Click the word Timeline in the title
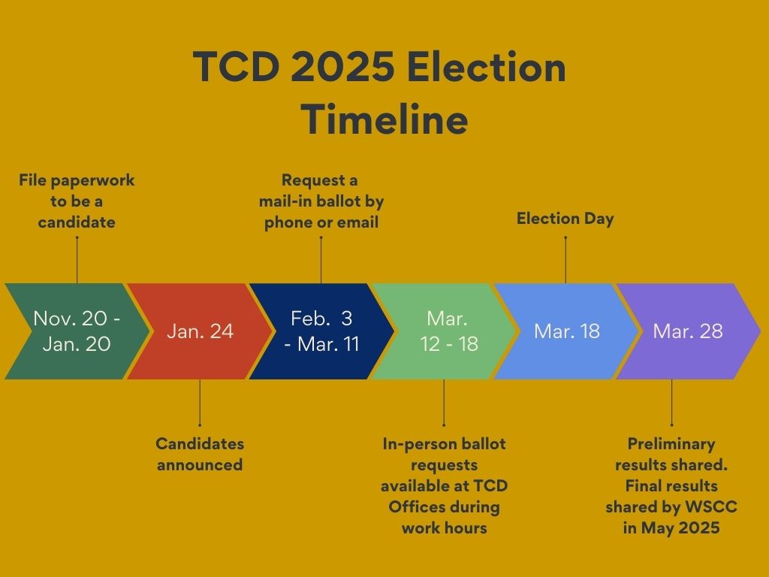click(x=384, y=119)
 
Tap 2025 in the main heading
click(x=342, y=67)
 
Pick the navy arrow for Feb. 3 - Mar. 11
click(x=321, y=331)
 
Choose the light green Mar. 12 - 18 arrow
click(x=444, y=331)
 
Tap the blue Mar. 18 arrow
click(x=566, y=331)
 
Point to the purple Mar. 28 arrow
click(x=688, y=331)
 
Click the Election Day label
click(x=565, y=219)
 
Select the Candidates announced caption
click(x=200, y=454)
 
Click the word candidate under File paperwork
click(x=77, y=222)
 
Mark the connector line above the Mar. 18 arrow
click(x=565, y=260)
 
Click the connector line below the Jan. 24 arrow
click(x=200, y=403)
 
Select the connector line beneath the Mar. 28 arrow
click(x=671, y=403)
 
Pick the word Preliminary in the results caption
click(x=671, y=444)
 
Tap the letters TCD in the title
click(x=236, y=67)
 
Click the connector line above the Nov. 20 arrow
click(x=77, y=260)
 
